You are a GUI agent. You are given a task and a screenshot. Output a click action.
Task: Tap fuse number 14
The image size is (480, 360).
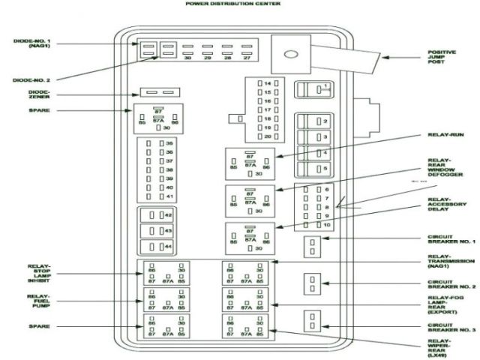tap(267, 82)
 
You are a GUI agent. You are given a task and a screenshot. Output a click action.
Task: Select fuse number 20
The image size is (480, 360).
tap(267, 136)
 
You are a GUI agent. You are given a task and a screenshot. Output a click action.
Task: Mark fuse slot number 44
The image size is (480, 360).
tap(160, 247)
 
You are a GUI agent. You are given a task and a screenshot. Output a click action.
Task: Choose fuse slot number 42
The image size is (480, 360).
tap(160, 215)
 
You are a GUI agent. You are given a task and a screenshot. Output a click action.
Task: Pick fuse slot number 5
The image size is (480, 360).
tap(316, 169)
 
